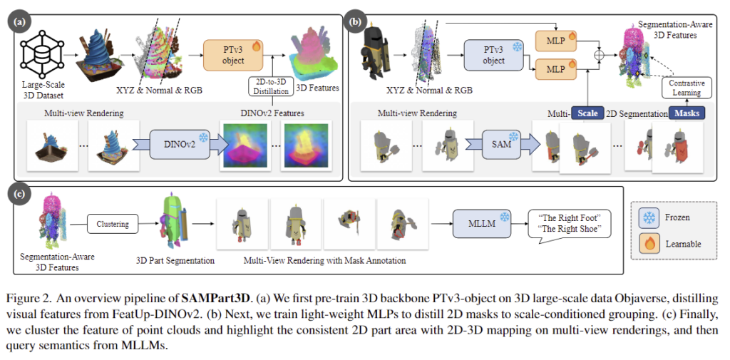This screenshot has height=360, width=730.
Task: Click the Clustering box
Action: coord(112,224)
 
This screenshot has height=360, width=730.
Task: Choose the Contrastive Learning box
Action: coord(684,88)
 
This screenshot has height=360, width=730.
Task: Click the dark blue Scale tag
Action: coord(587,113)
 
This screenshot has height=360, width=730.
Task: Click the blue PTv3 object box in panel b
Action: coord(493,54)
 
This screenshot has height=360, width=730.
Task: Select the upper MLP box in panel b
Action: coord(557,41)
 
